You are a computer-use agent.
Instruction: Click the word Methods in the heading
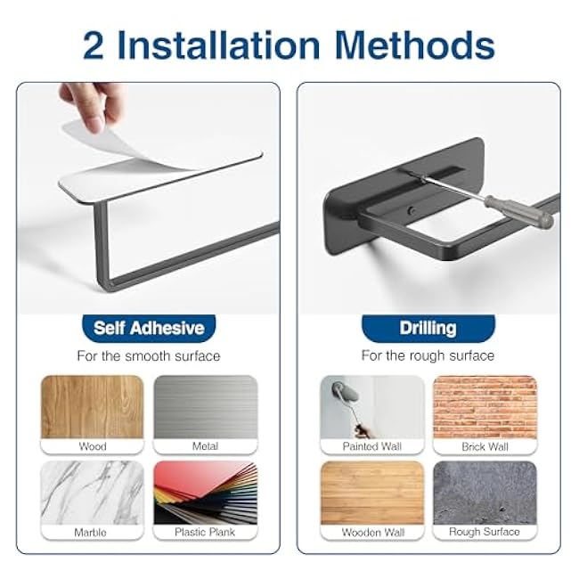(x=415, y=45)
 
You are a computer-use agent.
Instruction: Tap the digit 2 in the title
(x=93, y=45)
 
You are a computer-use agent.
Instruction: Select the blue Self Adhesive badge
(x=149, y=329)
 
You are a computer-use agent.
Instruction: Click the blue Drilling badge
(x=428, y=329)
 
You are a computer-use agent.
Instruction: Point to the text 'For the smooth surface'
(x=149, y=356)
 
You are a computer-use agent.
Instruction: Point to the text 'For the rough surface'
(x=428, y=355)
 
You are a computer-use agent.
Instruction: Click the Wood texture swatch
(x=92, y=407)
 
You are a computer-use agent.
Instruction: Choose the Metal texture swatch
(x=205, y=407)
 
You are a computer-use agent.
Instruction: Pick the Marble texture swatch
(x=92, y=493)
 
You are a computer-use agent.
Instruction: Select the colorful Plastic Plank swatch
(x=205, y=493)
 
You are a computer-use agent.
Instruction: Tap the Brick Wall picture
(x=485, y=407)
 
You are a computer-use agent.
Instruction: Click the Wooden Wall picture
(x=372, y=493)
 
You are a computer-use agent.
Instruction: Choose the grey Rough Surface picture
(x=485, y=493)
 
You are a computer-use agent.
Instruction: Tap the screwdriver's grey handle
(x=518, y=210)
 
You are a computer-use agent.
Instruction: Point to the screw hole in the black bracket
(x=411, y=211)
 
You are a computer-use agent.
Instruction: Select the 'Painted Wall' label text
(x=371, y=446)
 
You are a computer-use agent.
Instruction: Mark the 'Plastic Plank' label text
(x=205, y=532)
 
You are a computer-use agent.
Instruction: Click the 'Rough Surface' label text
(x=485, y=532)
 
